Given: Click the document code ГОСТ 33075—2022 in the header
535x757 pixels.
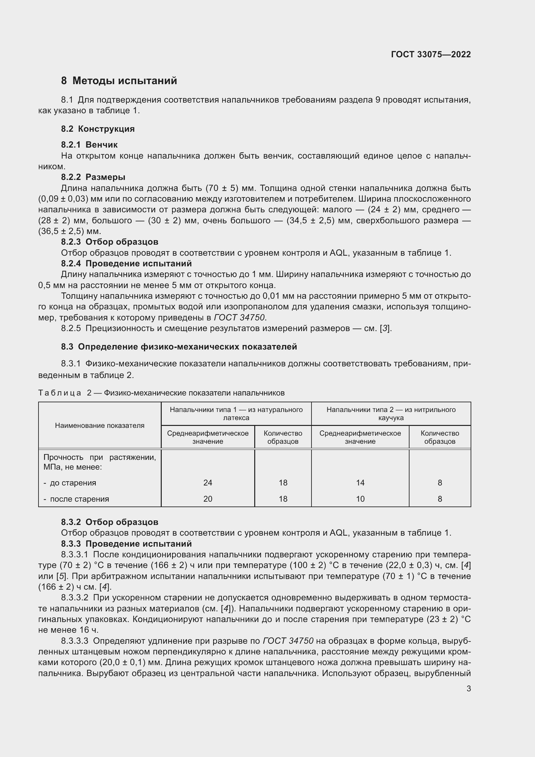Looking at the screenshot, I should [431, 54].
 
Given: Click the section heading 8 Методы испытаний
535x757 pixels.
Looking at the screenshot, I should [119, 81].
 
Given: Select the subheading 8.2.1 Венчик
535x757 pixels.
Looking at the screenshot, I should [89, 145].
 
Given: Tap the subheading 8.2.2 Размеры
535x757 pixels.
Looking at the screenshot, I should [93, 177].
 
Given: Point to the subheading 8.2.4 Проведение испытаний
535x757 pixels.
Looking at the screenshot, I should [126, 263].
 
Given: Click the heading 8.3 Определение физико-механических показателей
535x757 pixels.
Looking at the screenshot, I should [179, 347].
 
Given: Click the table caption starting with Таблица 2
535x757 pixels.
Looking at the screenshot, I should [161, 393].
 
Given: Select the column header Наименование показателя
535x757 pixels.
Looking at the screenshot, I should [100, 425].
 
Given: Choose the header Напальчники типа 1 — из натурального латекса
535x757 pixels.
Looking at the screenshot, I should [236, 413].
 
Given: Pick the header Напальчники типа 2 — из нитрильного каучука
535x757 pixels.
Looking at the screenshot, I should [391, 413].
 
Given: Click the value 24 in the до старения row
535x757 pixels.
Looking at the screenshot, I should [208, 483].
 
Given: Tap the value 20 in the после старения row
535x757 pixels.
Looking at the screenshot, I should [208, 499].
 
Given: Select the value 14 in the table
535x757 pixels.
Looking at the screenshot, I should [360, 483].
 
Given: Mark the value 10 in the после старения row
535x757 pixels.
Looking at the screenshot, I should [360, 499].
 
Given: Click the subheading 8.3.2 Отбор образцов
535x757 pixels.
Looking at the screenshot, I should [109, 522].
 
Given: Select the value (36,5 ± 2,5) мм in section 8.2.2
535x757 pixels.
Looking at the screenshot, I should [65, 231].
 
